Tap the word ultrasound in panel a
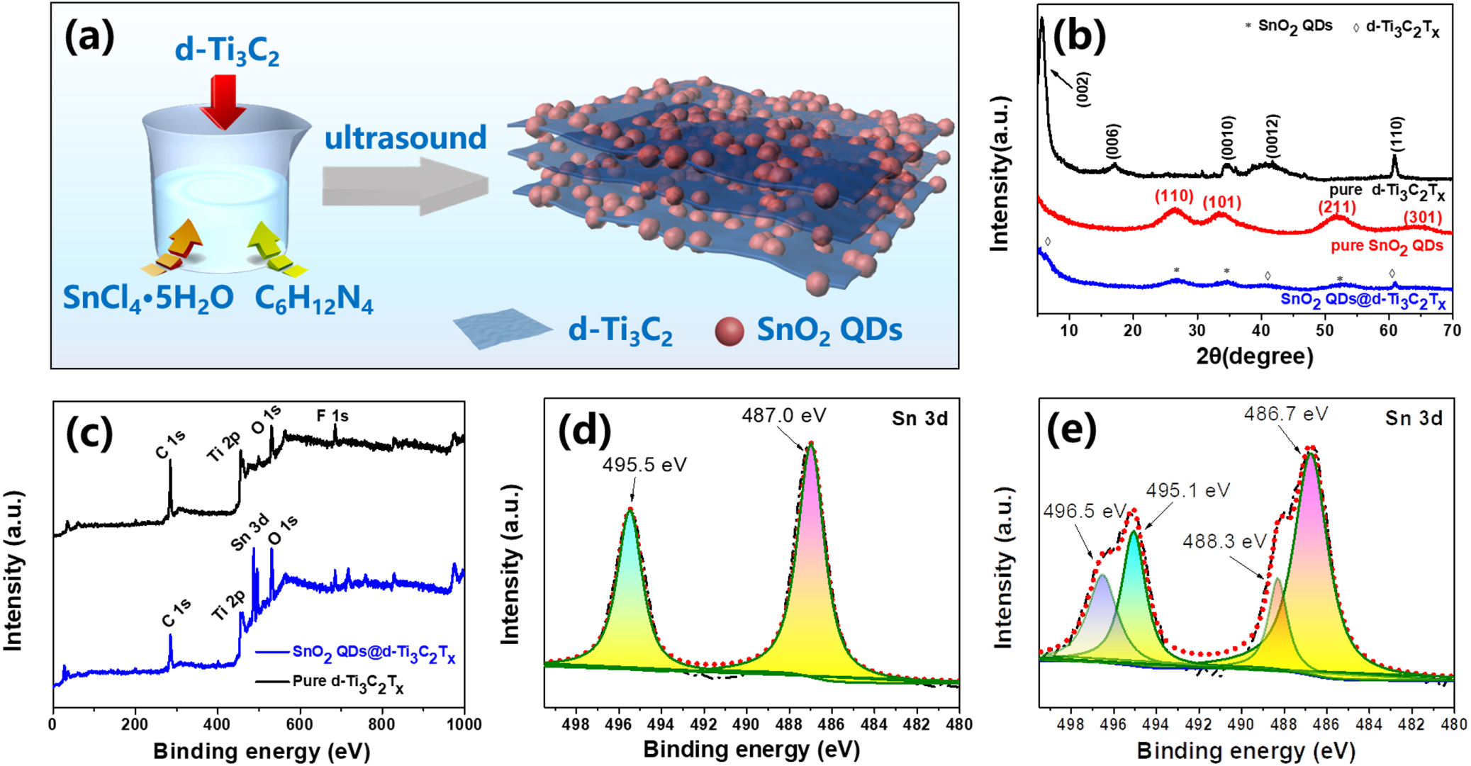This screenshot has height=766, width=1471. tap(405, 137)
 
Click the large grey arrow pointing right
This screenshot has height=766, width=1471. tap(405, 186)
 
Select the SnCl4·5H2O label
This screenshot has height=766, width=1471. tap(148, 298)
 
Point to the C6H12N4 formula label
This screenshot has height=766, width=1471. tap(313, 298)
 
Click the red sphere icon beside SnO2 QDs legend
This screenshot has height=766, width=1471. tap(729, 331)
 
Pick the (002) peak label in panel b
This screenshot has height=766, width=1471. tap(1083, 89)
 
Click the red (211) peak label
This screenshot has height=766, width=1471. tap(1337, 207)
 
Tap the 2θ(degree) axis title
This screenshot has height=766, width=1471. tap(1254, 356)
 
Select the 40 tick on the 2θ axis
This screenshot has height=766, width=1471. tap(1261, 330)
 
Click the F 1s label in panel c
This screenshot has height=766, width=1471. tap(332, 416)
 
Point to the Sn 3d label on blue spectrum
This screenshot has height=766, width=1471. tap(250, 532)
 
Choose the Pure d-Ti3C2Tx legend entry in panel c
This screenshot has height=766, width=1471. tap(347, 682)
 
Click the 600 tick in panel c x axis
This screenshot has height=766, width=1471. tap(300, 724)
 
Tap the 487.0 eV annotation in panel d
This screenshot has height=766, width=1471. tap(783, 415)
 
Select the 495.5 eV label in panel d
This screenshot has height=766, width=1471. tap(644, 465)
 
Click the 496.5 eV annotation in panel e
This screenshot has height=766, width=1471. tap(1084, 511)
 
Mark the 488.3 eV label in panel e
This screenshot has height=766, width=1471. tap(1224, 542)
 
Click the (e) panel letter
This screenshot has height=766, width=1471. tap(1071, 430)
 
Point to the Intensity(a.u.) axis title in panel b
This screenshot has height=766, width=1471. tap(999, 174)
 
